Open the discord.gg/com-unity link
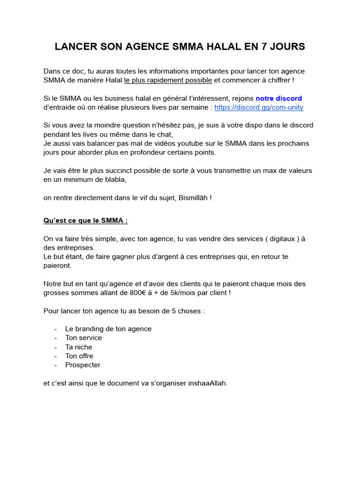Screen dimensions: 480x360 pyautogui.click(x=259, y=107)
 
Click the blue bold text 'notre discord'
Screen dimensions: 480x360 pyautogui.click(x=278, y=98)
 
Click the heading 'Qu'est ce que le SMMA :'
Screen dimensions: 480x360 pyautogui.click(x=85, y=220)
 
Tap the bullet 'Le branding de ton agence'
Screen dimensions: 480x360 pyautogui.click(x=108, y=329)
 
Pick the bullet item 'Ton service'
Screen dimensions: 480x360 pyautogui.click(x=83, y=337)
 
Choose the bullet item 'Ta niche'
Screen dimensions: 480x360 pyautogui.click(x=79, y=347)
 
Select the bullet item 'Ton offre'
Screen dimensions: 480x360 pyautogui.click(x=79, y=356)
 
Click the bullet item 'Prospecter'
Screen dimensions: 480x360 pyautogui.click(x=82, y=365)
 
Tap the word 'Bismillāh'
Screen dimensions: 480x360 pyautogui.click(x=193, y=198)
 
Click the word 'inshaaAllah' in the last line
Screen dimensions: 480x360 pyautogui.click(x=207, y=383)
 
